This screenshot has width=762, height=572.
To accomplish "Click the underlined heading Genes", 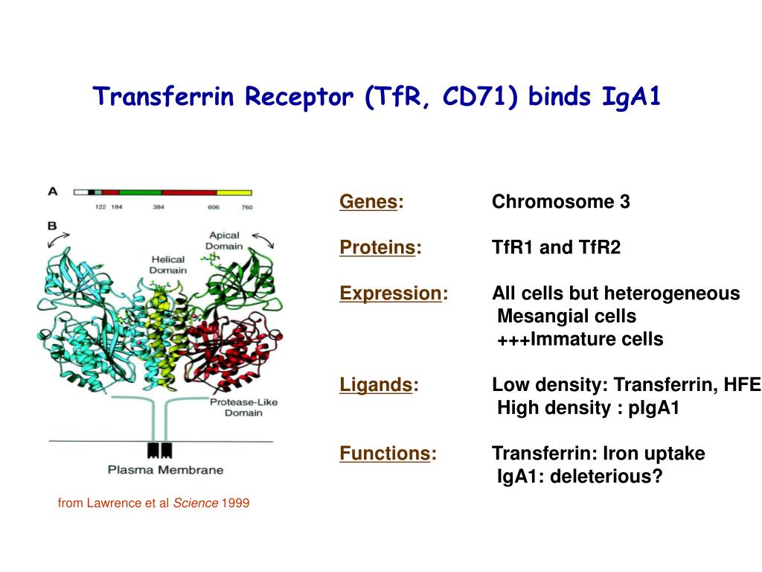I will pyautogui.click(x=368, y=202).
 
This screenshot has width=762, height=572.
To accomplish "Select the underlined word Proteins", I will pyautogui.click(x=377, y=247).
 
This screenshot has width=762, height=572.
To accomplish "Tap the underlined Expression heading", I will pyautogui.click(x=390, y=293).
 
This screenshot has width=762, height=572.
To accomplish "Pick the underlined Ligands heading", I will pyautogui.click(x=376, y=385).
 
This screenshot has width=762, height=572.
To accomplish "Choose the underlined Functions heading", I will pyautogui.click(x=385, y=453).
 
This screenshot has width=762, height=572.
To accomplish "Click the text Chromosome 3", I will pyautogui.click(x=560, y=202).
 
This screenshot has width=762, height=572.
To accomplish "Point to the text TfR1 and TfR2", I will pyautogui.click(x=556, y=247).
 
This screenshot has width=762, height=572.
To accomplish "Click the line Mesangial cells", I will pyautogui.click(x=566, y=317).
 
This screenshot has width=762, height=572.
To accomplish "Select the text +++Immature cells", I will pyautogui.click(x=580, y=340).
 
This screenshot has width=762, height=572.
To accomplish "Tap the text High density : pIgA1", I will pyautogui.click(x=588, y=408).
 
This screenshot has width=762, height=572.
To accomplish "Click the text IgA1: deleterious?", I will pyautogui.click(x=579, y=476).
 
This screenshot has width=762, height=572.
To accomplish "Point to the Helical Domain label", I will pyautogui.click(x=167, y=264).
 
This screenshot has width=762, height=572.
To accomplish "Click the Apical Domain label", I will pyautogui.click(x=224, y=241).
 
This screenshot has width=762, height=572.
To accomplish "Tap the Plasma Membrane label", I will pyautogui.click(x=165, y=470).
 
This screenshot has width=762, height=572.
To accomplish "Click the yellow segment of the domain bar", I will pyautogui.click(x=234, y=192).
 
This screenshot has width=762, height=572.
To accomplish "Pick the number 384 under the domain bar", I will pyautogui.click(x=159, y=207).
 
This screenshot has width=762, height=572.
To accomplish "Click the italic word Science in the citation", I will pyautogui.click(x=195, y=503).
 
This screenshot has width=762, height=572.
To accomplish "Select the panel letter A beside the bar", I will pyautogui.click(x=53, y=191).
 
